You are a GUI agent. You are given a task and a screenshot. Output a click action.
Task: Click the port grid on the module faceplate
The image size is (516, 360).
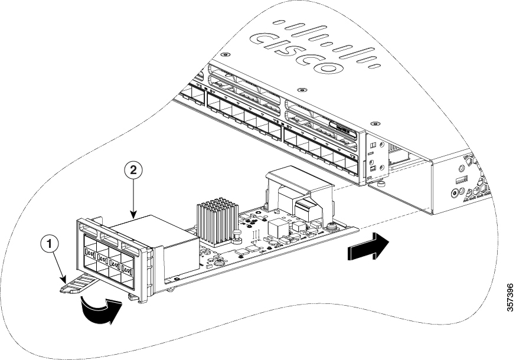110,263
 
